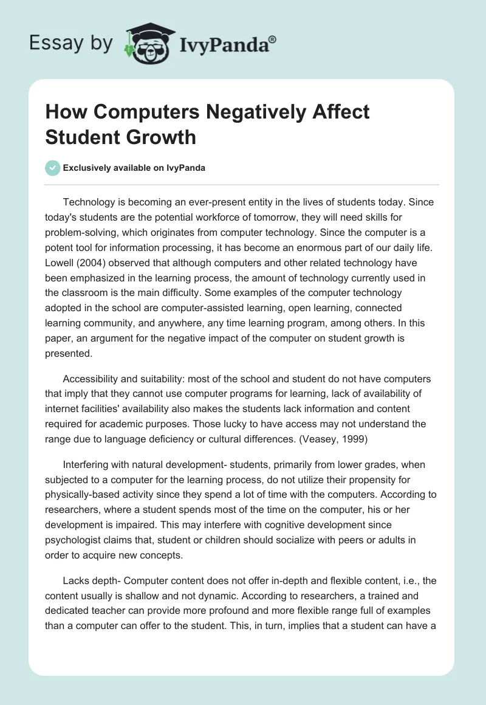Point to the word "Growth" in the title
[162, 137]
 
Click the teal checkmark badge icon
[52, 168]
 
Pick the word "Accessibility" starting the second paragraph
[94, 379]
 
